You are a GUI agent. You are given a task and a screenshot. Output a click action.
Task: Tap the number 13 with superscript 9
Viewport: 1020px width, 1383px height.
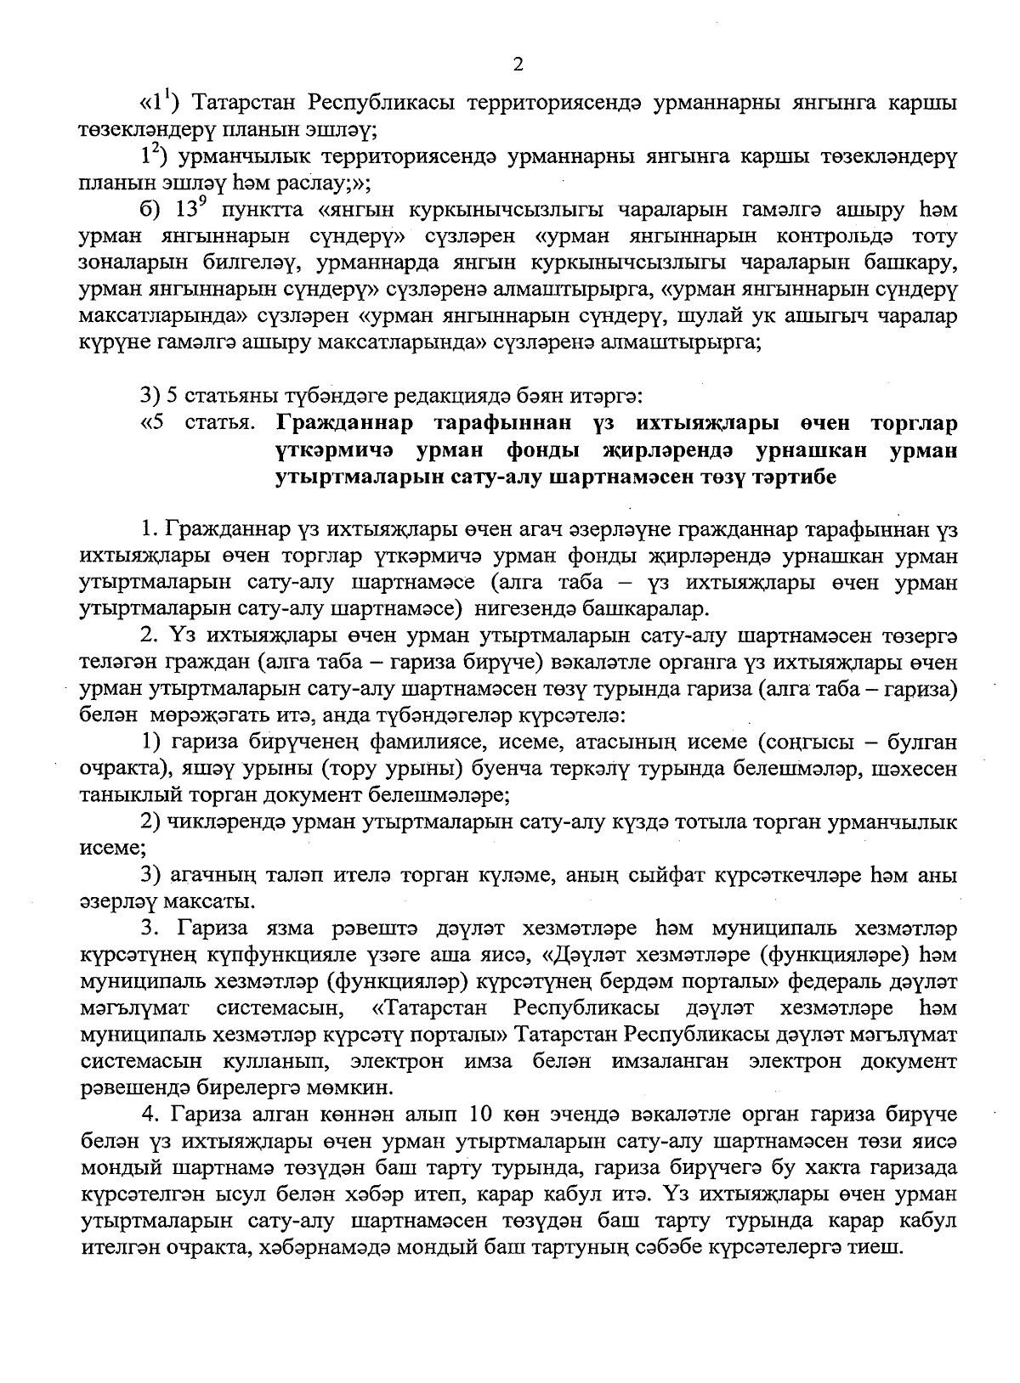click(x=189, y=210)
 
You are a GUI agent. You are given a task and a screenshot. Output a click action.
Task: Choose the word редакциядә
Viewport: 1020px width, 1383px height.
click(x=476, y=396)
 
